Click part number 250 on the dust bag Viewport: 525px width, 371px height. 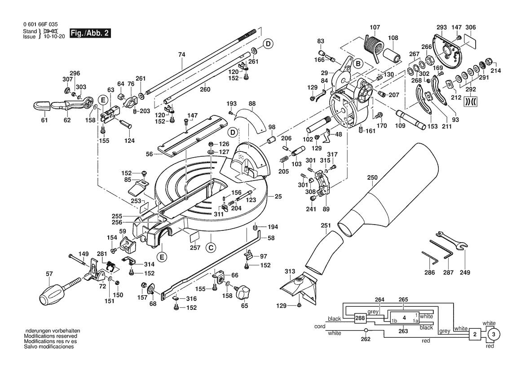click(372, 178)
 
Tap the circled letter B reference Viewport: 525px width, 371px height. click(358, 64)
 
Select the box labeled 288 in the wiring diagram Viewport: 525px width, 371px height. click(360, 318)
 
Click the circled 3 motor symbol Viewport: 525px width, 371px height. click(493, 335)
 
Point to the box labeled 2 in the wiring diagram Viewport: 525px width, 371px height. click(474, 335)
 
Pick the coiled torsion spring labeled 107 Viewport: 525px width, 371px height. click(373, 45)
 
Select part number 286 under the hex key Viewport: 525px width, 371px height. click(430, 273)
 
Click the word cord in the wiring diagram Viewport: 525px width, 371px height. click(320, 327)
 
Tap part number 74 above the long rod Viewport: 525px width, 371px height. click(181, 55)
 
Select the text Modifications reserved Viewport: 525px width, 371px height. click(50, 336)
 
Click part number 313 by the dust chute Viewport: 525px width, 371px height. click(290, 271)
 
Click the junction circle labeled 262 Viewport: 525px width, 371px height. click(366, 331)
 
